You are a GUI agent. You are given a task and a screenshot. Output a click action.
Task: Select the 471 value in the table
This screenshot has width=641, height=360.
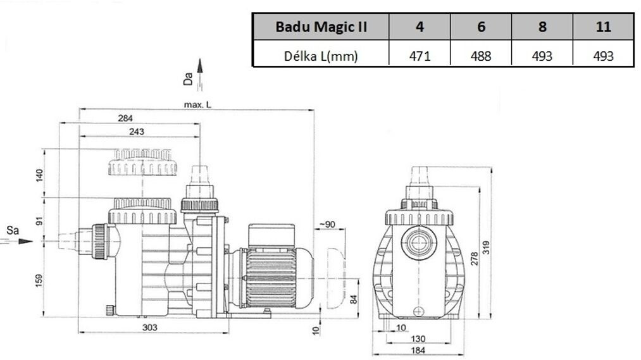(x=419, y=56)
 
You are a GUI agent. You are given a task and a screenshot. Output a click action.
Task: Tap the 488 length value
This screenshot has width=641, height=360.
(x=481, y=56)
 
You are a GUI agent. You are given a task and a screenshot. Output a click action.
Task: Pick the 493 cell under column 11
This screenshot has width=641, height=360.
(x=603, y=56)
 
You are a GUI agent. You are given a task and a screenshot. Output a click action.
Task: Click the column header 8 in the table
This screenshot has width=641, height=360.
(x=542, y=27)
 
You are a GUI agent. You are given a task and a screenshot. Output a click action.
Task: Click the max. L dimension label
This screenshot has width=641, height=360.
(x=194, y=104)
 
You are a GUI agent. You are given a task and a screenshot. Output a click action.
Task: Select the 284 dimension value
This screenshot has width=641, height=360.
(x=125, y=118)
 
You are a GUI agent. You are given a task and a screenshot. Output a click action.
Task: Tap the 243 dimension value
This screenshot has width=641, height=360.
(x=137, y=132)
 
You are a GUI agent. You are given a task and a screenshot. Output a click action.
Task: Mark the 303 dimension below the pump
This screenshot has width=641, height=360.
(x=149, y=327)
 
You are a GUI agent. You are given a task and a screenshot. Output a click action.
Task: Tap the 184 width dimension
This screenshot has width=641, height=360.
(x=418, y=351)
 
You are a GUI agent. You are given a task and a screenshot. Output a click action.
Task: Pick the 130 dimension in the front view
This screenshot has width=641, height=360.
(x=418, y=339)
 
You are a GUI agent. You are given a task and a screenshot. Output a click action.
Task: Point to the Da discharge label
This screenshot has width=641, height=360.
(x=187, y=78)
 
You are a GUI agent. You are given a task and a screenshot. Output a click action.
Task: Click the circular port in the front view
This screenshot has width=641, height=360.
(x=418, y=241)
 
